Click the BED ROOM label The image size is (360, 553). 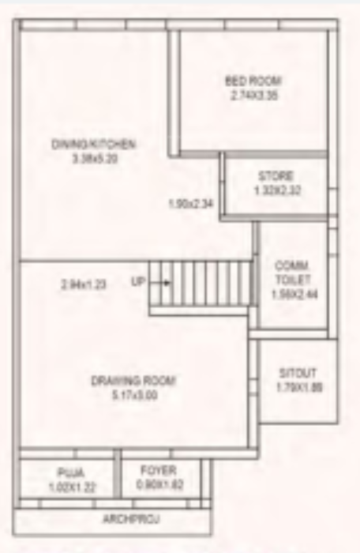(253, 81)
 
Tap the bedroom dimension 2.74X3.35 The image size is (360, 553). (253, 95)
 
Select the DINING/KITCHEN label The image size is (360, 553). (94, 145)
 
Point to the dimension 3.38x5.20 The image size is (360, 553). (94, 158)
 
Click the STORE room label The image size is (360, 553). (276, 175)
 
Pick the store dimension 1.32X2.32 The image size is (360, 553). (276, 190)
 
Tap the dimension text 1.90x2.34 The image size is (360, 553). (191, 205)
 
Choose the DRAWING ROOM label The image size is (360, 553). (133, 381)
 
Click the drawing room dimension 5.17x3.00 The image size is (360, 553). (133, 395)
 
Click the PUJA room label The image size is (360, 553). (66, 476)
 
